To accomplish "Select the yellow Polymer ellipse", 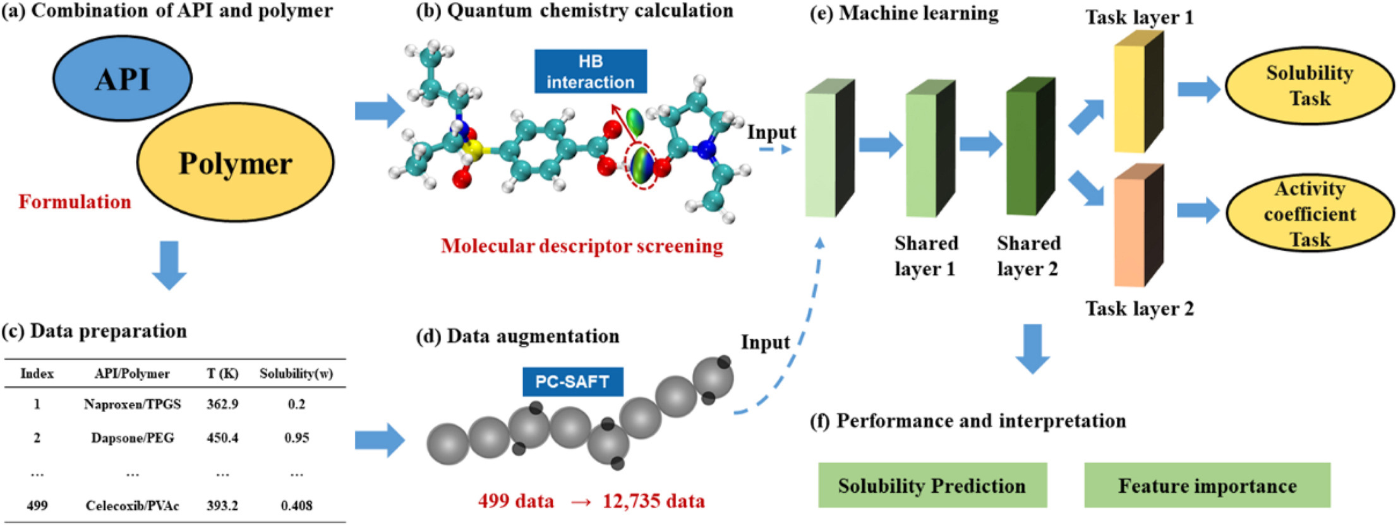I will (x=235, y=163).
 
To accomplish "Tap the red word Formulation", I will (x=75, y=202).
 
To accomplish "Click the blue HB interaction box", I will (x=590, y=71).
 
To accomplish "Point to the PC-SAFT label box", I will (x=572, y=382).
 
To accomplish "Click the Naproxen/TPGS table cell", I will (x=132, y=404).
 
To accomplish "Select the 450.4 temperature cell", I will (x=222, y=438).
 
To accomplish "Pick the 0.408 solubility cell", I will (x=296, y=505).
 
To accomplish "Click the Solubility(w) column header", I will (x=296, y=374).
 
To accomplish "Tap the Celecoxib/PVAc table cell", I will (x=132, y=505).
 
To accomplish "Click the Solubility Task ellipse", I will (x=1309, y=86).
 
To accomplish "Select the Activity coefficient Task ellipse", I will (x=1309, y=214).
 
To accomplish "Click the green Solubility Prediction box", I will (x=932, y=485).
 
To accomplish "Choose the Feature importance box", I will (x=1207, y=485).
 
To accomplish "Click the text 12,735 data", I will (x=653, y=502).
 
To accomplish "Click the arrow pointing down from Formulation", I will (x=169, y=265).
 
